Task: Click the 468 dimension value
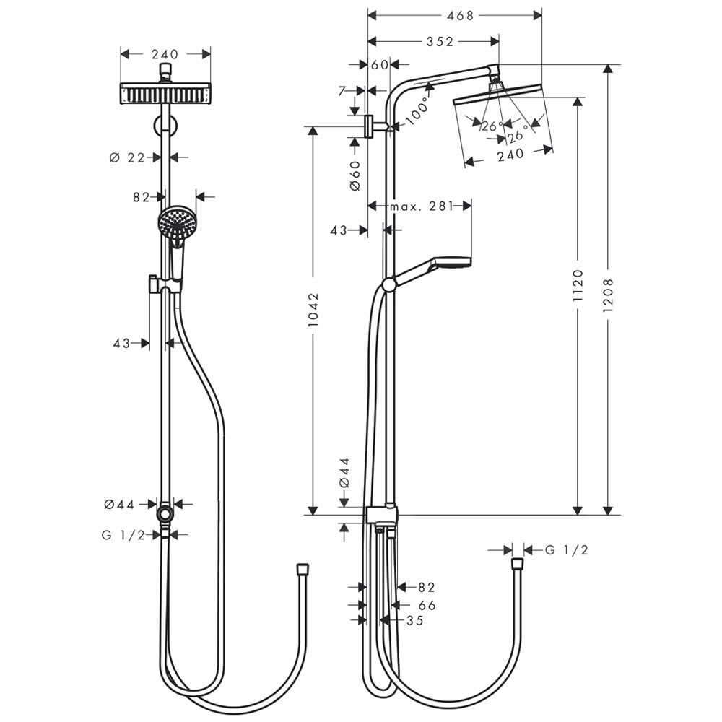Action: [460, 16]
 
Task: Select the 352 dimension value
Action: [440, 42]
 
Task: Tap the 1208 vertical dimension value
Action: [608, 295]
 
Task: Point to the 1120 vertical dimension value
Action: [578, 286]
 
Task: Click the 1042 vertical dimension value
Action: [313, 310]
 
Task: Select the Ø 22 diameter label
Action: [127, 157]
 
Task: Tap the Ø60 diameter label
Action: [355, 175]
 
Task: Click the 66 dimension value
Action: [427, 605]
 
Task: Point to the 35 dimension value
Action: [415, 620]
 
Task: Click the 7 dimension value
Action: [342, 91]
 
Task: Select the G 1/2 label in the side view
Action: [567, 549]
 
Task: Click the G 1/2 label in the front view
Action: [123, 534]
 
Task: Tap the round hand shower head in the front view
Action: [178, 222]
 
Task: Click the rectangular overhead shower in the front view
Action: [166, 93]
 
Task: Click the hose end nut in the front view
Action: [303, 568]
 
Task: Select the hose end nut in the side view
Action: [518, 564]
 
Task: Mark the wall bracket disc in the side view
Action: [368, 126]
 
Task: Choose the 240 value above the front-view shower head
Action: [165, 54]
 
